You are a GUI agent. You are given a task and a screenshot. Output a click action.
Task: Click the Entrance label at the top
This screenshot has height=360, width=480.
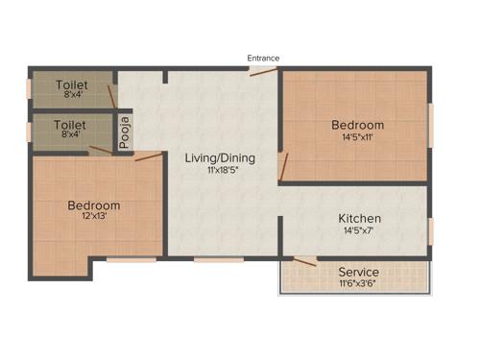(x=263, y=59)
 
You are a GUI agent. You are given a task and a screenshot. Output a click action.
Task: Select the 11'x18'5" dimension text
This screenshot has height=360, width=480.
(x=221, y=171)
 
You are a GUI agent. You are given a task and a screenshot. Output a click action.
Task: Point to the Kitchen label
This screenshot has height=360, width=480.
(x=360, y=219)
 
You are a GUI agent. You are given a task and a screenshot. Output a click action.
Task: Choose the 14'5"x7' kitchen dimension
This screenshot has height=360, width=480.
(x=360, y=231)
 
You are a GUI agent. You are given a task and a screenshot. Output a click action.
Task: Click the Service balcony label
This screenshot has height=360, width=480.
(x=358, y=272)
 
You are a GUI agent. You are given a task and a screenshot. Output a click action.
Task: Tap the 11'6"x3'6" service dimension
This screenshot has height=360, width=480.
(x=358, y=284)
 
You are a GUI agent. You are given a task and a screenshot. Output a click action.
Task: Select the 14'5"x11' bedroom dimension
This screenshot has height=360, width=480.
(x=357, y=137)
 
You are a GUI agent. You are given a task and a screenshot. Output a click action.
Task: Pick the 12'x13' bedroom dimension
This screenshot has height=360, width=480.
(x=94, y=218)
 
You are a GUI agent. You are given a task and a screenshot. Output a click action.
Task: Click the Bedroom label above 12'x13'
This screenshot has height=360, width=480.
(x=94, y=205)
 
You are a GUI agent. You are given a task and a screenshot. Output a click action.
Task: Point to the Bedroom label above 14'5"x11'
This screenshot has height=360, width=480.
(x=357, y=125)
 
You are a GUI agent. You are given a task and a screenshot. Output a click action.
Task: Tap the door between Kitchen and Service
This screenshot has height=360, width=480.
(x=305, y=260)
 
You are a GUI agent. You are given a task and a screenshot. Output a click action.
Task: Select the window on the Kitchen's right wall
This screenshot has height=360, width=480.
(x=430, y=229)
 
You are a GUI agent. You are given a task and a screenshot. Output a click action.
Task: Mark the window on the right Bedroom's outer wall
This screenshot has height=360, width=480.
(x=430, y=125)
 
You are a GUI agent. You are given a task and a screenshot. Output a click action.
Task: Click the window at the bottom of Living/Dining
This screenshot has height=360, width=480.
(x=218, y=258)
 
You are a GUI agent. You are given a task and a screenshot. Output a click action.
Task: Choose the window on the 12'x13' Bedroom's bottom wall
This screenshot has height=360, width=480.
(x=131, y=258)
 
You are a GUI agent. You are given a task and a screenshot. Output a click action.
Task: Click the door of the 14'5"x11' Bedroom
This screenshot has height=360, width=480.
(x=282, y=165)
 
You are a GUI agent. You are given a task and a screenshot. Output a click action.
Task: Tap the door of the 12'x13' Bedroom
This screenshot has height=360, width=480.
(x=148, y=156)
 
